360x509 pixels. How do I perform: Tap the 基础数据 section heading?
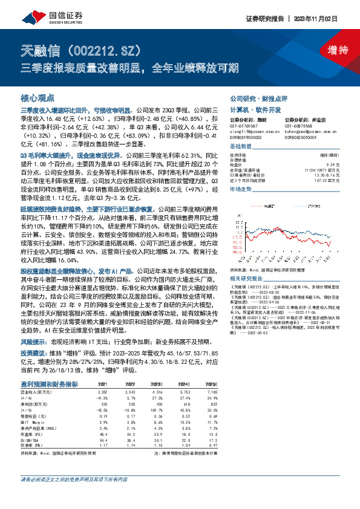coord(240,148)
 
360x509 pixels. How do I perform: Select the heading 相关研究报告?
coord(247,278)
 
